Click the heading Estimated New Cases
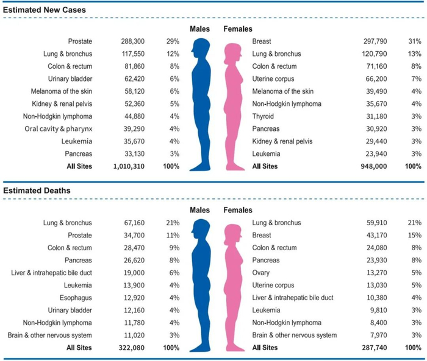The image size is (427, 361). click(45, 10)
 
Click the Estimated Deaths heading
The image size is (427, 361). click(37, 191)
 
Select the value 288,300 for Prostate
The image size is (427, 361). click(133, 41)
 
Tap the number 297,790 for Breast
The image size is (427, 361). click(374, 41)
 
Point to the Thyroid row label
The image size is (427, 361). click(263, 116)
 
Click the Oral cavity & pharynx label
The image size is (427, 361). click(59, 128)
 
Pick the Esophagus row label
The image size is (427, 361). click(77, 298)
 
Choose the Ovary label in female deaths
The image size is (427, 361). click(261, 273)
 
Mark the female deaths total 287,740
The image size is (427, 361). click(373, 348)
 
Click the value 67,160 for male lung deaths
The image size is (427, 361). click(134, 223)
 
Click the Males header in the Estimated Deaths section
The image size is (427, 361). click(200, 210)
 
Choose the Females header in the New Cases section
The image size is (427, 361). click(238, 29)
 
